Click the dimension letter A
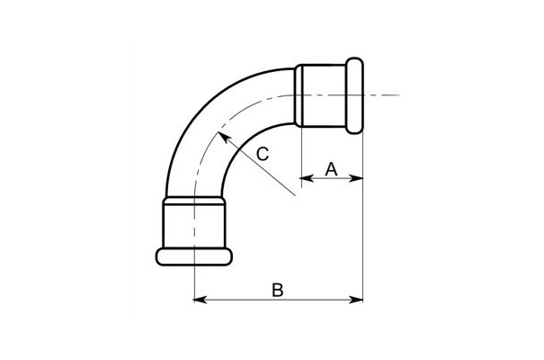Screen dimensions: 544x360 (x=331, y=169)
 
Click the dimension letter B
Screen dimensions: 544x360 (x=278, y=290)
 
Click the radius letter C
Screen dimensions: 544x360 (x=263, y=154)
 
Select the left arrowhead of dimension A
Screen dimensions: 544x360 (x=307, y=178)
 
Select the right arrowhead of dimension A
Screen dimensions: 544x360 (x=356, y=178)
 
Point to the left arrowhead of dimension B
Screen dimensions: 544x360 (x=201, y=299)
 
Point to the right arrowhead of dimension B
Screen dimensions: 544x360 (x=356, y=299)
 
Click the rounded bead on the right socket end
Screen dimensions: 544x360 (x=354, y=95)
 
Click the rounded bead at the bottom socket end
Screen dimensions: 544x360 (x=194, y=256)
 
